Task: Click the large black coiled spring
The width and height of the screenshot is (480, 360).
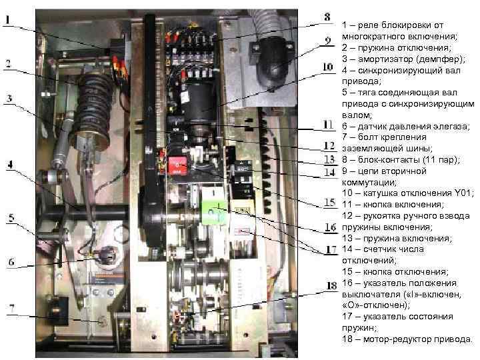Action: tap(97, 97)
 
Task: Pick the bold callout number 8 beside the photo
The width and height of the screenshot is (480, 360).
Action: tap(327, 16)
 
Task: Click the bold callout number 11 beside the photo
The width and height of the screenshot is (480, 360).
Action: tap(328, 125)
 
